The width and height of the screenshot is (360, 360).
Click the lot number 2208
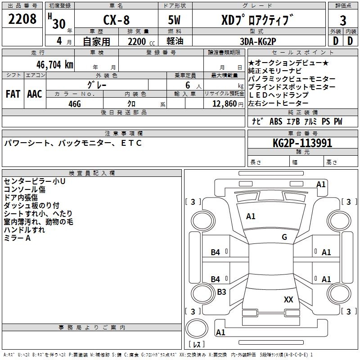click(22, 19)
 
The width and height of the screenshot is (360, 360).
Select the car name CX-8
click(117, 20)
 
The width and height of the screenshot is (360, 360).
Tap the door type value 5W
click(174, 20)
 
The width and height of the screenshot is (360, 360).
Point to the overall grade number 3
click(343, 20)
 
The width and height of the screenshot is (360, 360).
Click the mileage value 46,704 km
click(55, 65)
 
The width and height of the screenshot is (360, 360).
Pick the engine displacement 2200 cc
click(141, 41)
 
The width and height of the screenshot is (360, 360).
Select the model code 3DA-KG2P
click(258, 41)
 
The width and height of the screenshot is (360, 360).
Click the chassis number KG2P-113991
click(302, 143)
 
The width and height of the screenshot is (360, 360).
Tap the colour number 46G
click(75, 104)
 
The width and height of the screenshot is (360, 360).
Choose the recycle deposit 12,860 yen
click(228, 104)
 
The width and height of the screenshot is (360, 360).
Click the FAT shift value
click(13, 94)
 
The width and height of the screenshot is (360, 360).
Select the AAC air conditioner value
click(35, 94)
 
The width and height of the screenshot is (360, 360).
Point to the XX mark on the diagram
click(288, 299)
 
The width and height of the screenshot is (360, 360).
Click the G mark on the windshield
click(284, 237)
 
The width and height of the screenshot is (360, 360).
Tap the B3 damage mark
click(221, 292)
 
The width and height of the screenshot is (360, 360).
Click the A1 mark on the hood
click(251, 216)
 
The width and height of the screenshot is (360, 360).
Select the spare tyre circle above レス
click(197, 328)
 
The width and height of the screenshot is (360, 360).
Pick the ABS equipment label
click(276, 121)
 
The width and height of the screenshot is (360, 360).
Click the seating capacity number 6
click(188, 85)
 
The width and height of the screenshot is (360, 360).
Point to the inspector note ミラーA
click(17, 238)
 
